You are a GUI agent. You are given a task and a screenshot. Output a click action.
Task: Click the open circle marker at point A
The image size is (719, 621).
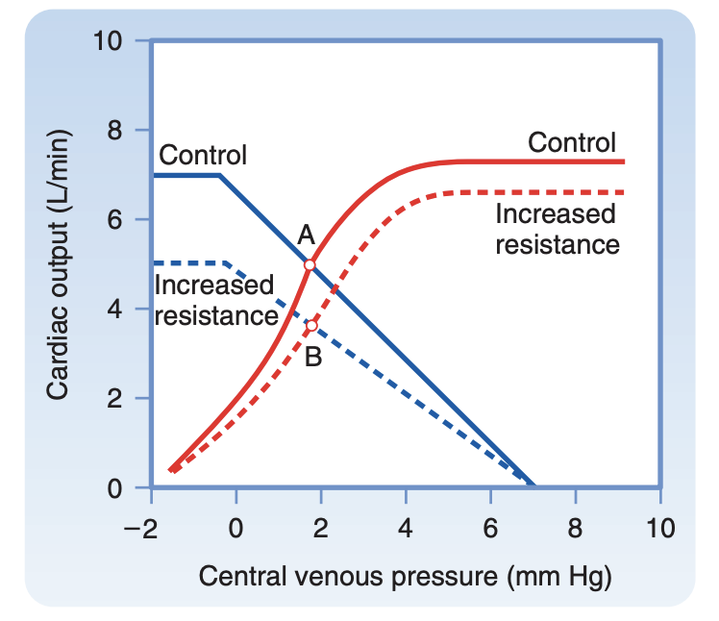click(x=310, y=264)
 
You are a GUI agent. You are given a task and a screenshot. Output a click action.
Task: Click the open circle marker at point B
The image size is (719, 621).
click(x=310, y=326)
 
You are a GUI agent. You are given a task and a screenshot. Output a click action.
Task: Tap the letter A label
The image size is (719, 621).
click(x=307, y=235)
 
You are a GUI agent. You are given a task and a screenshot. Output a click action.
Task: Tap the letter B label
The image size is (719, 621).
click(x=312, y=359)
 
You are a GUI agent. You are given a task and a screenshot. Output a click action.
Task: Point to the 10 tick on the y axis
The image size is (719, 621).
click(x=113, y=41)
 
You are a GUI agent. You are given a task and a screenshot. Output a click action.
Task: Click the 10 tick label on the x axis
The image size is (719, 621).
click(x=659, y=527)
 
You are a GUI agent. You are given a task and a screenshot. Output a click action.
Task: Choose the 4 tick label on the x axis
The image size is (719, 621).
click(x=406, y=527)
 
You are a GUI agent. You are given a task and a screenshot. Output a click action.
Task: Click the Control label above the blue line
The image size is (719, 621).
click(x=203, y=155)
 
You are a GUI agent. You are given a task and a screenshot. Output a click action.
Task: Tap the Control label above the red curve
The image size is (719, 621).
click(x=572, y=143)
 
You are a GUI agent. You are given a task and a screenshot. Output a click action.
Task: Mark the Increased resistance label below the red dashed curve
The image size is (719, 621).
click(x=558, y=229)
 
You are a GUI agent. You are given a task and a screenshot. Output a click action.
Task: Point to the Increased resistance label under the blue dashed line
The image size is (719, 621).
click(x=214, y=299)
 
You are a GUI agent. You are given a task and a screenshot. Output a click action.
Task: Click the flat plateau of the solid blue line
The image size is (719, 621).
click(x=186, y=175)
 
